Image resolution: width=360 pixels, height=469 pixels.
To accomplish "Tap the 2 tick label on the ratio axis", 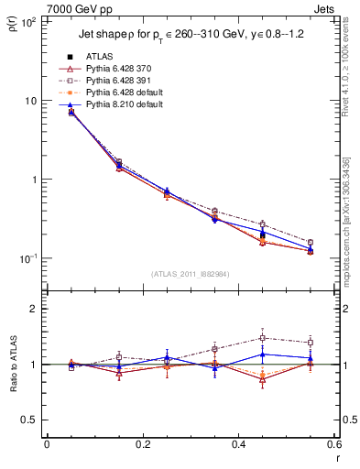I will point(35,309).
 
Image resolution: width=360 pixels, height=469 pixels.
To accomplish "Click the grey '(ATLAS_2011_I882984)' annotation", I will point(191,275).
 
